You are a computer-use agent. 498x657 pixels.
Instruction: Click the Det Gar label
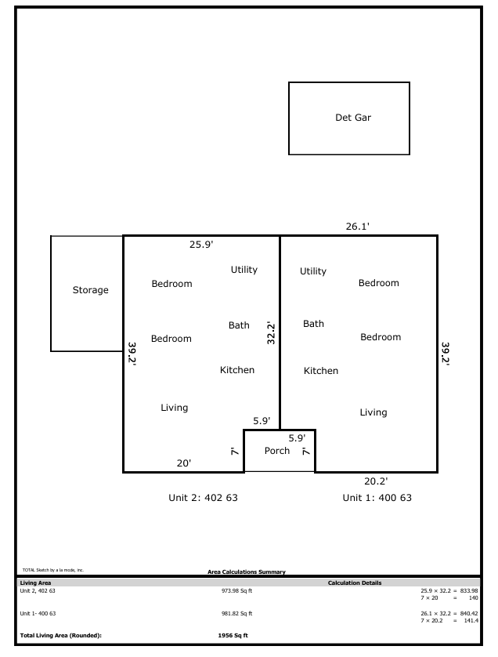coord(353,118)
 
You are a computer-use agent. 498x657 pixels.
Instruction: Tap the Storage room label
coord(90,290)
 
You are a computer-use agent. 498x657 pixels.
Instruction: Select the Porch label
coord(277,451)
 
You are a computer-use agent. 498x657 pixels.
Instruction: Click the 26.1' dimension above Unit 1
coord(357,227)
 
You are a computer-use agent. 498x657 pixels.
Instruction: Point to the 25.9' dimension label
coord(201,245)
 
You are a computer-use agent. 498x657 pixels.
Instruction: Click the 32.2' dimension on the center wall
coord(271,333)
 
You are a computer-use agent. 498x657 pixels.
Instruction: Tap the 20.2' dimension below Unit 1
coord(376,481)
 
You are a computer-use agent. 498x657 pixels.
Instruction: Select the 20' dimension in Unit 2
coord(184,463)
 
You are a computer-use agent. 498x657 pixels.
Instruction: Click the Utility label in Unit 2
coord(244,270)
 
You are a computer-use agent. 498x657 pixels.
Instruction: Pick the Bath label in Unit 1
coord(313,324)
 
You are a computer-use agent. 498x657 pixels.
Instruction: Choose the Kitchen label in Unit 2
coord(237,370)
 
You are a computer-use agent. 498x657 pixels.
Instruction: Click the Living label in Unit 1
coord(373,412)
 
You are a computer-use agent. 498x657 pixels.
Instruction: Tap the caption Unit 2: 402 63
coord(203,498)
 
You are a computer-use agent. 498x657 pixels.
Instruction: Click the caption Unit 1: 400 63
coord(377,498)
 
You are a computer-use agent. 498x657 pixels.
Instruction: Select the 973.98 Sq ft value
coord(237,591)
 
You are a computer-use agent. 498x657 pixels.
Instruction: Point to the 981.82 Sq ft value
coord(237,613)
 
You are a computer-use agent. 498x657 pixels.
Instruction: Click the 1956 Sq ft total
coord(233,636)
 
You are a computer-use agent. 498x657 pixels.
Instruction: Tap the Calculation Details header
coord(355,583)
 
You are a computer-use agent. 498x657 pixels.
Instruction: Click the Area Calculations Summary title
coord(247,572)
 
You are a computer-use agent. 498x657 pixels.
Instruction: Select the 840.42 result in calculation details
coord(469,613)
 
